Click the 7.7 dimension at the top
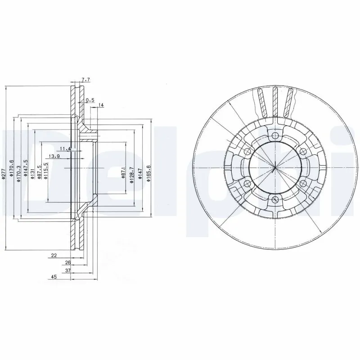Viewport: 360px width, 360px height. coord(86,80)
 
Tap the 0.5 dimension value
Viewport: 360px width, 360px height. coord(90,101)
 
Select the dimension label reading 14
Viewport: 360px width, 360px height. coord(100,105)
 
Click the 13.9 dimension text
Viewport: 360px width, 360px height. coord(55,156)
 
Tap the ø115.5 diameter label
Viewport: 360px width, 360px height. coord(46,171)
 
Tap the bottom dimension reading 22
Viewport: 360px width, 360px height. coord(54,256)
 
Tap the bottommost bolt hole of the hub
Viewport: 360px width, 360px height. coord(274,199)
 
